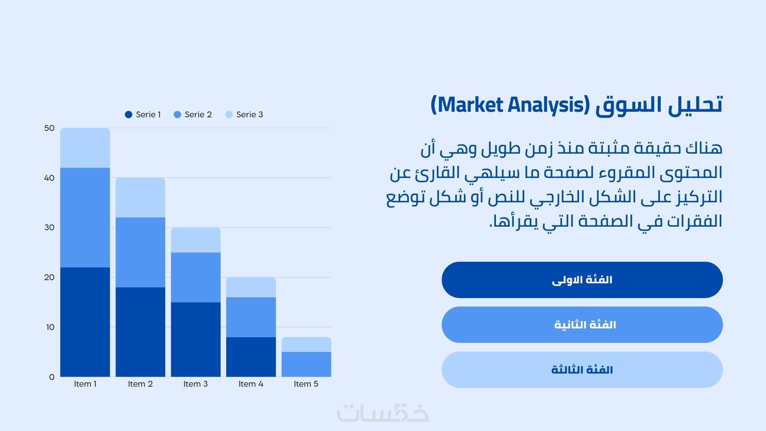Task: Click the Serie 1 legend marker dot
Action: coord(128,115)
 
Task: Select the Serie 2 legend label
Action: coord(198,115)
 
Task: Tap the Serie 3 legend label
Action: coord(250,115)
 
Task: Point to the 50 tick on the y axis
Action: coord(49,128)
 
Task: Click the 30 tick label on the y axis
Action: coord(49,227)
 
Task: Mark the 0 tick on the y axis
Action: coord(51,377)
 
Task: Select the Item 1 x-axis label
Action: coord(85,384)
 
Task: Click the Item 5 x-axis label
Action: coord(306,384)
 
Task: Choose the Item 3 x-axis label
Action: coord(195,384)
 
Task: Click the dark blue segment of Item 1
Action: coord(85,322)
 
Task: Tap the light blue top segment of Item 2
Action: coord(140,198)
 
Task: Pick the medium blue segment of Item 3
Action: coord(196,277)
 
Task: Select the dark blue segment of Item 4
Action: coord(251,357)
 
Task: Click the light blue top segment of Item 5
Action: coord(306,344)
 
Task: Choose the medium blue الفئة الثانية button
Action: coord(582,324)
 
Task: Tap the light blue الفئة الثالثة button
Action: coord(582,370)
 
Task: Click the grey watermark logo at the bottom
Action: coord(383,413)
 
